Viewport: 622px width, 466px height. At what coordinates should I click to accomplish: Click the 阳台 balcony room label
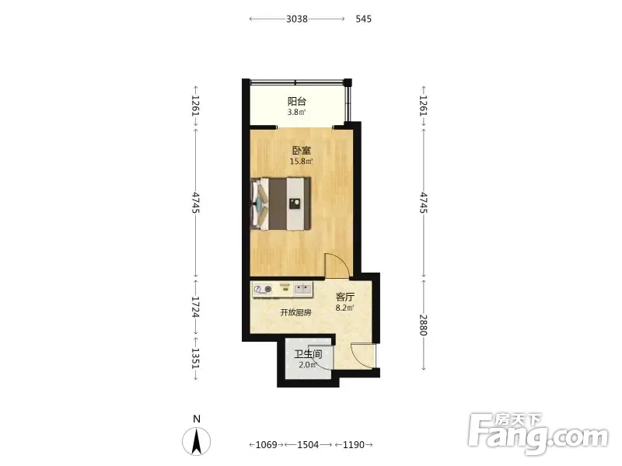297,101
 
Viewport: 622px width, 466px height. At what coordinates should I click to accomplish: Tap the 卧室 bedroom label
302,151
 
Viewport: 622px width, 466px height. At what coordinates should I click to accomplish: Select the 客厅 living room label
344,297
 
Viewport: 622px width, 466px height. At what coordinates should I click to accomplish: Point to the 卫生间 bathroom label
308,354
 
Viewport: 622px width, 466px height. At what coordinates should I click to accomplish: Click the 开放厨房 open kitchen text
295,313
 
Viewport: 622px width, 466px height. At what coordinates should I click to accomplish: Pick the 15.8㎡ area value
301,162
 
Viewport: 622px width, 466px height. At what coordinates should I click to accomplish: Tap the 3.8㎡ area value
297,112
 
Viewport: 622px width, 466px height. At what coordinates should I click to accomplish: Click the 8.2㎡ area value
344,308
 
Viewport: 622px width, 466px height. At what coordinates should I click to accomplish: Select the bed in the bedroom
281,203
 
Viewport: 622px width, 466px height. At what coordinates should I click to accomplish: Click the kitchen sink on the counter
303,288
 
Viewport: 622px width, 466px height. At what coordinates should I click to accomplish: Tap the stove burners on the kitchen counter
263,289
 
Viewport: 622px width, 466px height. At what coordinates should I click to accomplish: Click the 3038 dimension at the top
297,19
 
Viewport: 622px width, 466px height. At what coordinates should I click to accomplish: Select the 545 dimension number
363,19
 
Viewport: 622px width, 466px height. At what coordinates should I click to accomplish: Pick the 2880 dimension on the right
424,325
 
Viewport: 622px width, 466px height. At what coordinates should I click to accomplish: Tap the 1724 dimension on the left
195,307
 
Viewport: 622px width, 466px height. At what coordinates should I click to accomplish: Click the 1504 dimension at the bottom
308,444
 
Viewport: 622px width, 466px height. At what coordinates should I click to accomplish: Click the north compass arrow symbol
196,441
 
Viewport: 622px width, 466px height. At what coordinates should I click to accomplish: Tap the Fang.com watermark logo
538,434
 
